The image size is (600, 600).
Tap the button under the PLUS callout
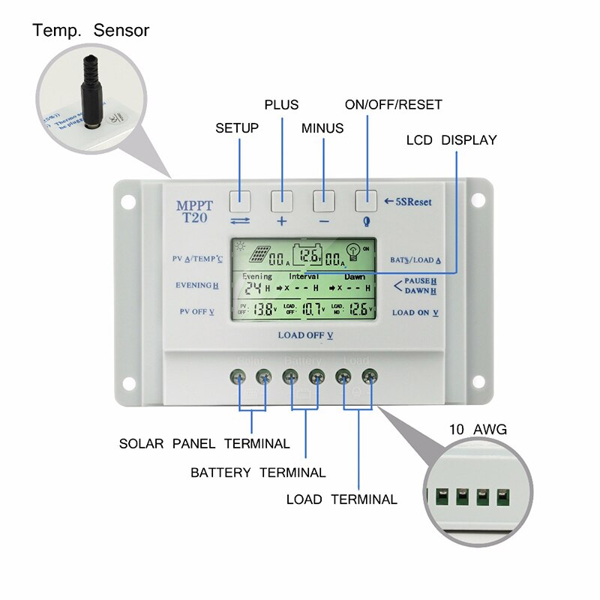[282, 199]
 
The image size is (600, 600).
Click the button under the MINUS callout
[324, 199]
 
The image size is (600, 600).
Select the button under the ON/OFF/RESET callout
[366, 199]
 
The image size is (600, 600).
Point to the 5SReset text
[413, 201]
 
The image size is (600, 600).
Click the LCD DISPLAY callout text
[451, 140]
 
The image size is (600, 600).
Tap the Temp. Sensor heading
[91, 31]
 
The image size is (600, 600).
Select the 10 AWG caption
[478, 430]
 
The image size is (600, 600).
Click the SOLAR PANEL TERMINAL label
[204, 443]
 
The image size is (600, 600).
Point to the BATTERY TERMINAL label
[258, 472]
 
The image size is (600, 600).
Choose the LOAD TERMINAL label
[341, 499]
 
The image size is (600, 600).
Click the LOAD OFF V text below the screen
[304, 335]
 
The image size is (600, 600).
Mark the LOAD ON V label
[415, 312]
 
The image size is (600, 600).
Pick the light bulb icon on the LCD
[352, 252]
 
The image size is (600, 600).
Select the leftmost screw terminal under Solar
[241, 376]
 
